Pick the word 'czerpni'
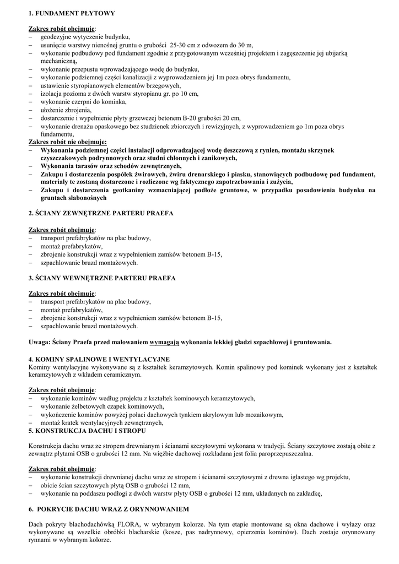click(79, 102)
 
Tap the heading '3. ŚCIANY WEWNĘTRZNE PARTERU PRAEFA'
click(102, 278)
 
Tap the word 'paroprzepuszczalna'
click(283, 454)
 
